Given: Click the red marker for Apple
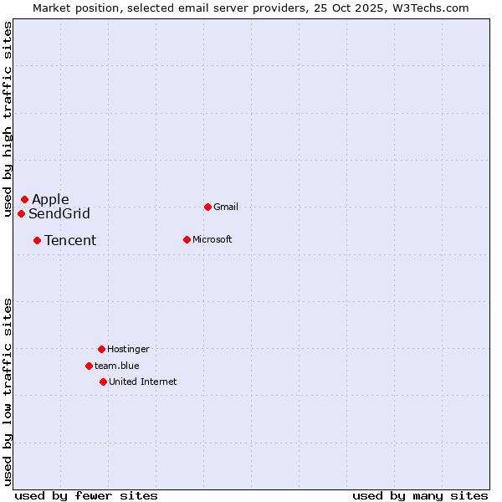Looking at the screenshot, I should (24, 199).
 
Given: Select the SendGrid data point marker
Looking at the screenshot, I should (21, 213).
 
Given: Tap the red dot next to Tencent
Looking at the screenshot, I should (37, 240).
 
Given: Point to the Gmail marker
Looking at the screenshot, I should (207, 207).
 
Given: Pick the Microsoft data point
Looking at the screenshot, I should (187, 239).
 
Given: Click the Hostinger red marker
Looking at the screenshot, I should (101, 349).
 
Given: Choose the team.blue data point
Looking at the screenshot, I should (89, 366).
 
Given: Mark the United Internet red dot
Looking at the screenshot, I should (103, 382).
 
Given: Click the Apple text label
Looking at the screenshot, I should (50, 199).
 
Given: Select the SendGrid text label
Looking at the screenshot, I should (59, 213).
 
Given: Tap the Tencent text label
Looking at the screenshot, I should (70, 240).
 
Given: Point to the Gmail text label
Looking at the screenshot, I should (226, 207).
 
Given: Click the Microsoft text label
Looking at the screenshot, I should (213, 239).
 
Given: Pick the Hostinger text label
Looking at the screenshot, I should (128, 349).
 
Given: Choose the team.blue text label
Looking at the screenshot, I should (117, 366).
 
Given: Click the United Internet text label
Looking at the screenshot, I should (143, 382).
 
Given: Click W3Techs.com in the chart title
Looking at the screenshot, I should (427, 8).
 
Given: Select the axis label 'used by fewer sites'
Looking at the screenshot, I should (86, 495).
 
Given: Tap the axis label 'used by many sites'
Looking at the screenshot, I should (420, 495).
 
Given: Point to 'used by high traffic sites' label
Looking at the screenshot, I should (8, 119).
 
